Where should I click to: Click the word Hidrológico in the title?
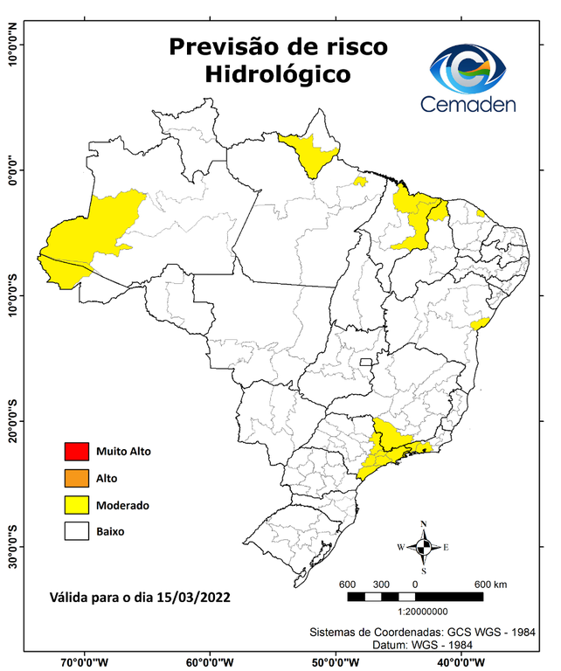(277, 76)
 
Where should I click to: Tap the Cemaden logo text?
(467, 104)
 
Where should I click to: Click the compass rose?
(424, 547)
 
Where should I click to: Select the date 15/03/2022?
(193, 598)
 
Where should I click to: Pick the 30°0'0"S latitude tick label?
(13, 547)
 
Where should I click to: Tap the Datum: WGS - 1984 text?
(425, 645)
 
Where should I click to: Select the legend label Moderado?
(123, 505)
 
